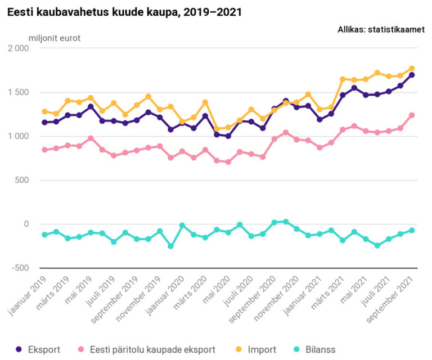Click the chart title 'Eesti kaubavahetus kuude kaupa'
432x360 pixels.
tap(124, 12)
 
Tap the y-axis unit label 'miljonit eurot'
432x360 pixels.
tap(54, 38)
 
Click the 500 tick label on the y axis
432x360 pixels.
tap(21, 180)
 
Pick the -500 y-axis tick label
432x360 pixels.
tap(20, 268)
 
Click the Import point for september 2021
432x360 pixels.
tap(412, 69)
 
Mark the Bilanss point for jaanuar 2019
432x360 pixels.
tap(44, 234)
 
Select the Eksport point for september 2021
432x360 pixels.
tap(412, 75)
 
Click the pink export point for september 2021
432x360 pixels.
tap(412, 115)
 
